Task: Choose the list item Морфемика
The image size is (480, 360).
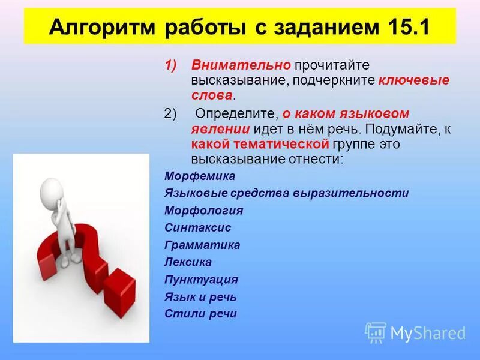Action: [x=199, y=176]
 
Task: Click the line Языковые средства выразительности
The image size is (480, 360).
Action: [x=286, y=193]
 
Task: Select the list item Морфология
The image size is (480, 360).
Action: [x=203, y=211]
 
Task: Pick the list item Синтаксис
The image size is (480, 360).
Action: [x=197, y=228]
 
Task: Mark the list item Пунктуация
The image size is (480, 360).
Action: [x=201, y=280]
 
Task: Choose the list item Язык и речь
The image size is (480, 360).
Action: [x=200, y=296]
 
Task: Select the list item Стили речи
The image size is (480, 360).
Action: [x=200, y=313]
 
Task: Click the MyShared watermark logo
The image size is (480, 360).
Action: [x=415, y=332]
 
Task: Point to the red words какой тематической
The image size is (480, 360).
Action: [x=260, y=144]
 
